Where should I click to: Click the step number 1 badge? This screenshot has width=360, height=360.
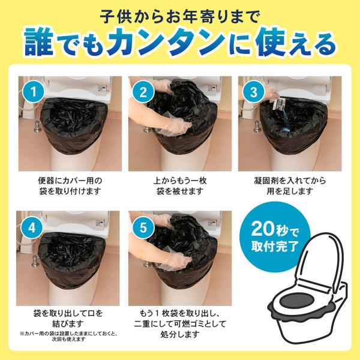coord(34,92)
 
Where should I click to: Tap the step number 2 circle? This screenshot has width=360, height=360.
coord(143,92)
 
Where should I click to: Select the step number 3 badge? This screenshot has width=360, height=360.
coord(253,92)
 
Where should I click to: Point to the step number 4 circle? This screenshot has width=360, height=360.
coord(31,227)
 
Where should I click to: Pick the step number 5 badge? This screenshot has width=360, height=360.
coord(143,227)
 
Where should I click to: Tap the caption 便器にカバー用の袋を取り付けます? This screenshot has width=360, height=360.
coord(70,186)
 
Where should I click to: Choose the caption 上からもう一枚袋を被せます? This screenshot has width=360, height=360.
coord(180,186)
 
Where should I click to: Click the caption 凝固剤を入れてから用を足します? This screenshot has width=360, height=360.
coord(290,186)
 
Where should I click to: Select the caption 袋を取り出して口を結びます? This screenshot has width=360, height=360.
coord(68,319)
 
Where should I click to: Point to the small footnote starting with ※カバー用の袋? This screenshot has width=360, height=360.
coord(68,336)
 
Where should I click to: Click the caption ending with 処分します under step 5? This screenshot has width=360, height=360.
coord(180,324)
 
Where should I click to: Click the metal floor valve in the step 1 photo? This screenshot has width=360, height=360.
coord(37,126)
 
